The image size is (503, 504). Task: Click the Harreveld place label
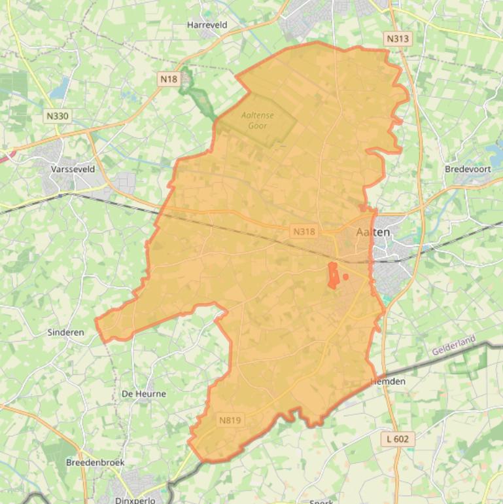pos(207,25)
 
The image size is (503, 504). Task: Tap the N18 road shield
pos(168,79)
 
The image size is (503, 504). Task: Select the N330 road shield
pos(58,116)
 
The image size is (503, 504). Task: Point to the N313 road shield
pos(397,39)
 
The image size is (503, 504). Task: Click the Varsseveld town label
pos(73,169)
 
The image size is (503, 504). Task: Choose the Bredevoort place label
pos(467,169)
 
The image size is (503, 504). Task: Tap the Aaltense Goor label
pos(257,120)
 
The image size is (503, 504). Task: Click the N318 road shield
pos(304,232)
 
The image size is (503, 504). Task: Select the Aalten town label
pos(373,232)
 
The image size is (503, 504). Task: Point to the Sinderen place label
pos(65,333)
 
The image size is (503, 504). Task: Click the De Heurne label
pos(144,394)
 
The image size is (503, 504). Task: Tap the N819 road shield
pos(230,420)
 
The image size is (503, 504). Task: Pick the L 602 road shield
pos(397,439)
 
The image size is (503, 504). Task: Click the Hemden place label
pos(389,382)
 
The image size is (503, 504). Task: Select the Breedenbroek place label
pos(95,462)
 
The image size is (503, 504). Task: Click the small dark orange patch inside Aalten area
pos(333,276)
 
